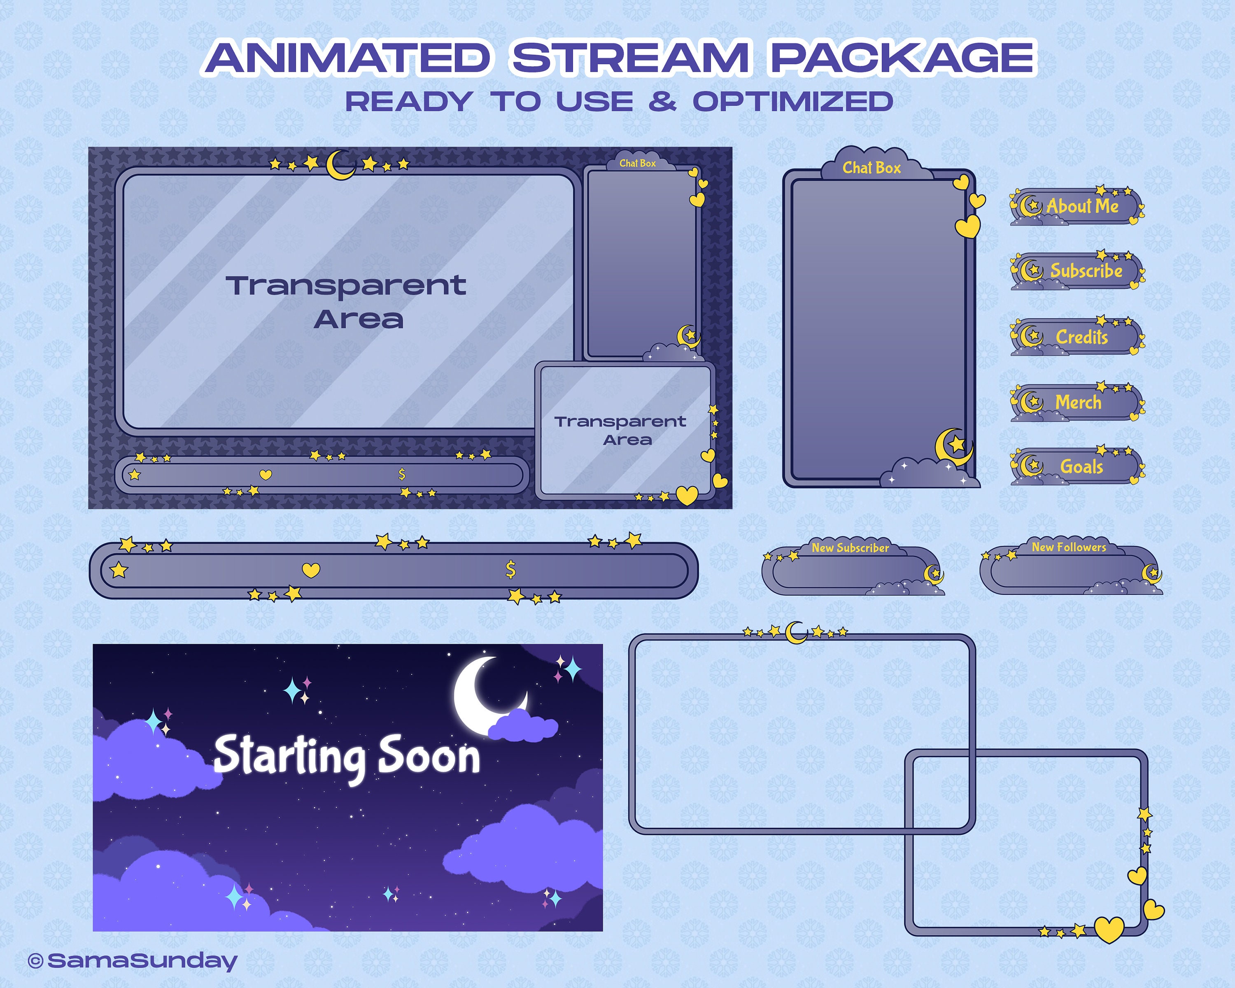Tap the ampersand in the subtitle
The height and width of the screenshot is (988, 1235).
[662, 102]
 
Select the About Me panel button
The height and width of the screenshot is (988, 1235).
[1077, 206]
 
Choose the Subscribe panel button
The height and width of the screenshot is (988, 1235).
[1077, 270]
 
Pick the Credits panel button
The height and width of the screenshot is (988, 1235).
[1077, 337]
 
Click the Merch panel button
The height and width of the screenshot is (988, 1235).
[1077, 402]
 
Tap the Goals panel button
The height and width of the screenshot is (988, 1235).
[1077, 466]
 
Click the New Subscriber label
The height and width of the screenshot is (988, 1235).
[850, 548]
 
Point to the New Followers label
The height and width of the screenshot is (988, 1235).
[1069, 548]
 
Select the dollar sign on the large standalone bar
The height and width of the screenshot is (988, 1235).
[510, 569]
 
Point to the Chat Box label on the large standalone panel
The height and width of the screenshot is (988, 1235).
[871, 168]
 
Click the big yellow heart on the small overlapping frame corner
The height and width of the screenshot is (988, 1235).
[1108, 929]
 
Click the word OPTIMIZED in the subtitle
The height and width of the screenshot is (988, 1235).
[793, 102]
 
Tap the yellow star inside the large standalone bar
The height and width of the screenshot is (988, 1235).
[119, 570]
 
